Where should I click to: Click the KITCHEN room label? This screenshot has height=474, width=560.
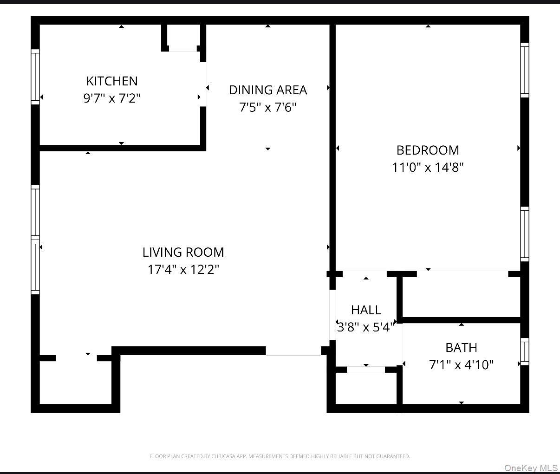click(x=112, y=81)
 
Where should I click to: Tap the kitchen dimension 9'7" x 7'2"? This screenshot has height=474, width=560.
click(x=112, y=98)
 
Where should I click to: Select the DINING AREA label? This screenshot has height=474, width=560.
click(x=268, y=90)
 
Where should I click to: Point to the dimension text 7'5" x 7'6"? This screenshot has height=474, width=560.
click(x=268, y=108)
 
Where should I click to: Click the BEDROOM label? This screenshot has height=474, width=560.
click(x=428, y=150)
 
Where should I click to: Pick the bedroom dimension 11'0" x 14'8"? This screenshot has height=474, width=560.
click(x=428, y=167)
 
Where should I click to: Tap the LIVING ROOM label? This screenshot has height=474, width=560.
click(x=183, y=252)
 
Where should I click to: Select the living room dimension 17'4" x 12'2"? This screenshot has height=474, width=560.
click(x=183, y=269)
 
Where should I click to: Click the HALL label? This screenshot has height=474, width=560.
click(x=366, y=310)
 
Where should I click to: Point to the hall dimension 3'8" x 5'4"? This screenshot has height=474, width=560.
click(x=366, y=327)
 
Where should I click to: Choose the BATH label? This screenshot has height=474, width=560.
click(x=461, y=347)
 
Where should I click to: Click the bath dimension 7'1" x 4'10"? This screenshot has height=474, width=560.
click(x=461, y=365)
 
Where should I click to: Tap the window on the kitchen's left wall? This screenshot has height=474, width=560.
click(x=35, y=77)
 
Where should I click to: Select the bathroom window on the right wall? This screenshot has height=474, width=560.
click(x=524, y=351)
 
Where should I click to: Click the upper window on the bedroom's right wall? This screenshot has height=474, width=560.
click(x=524, y=70)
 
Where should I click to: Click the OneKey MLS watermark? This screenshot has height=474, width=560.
click(x=531, y=468)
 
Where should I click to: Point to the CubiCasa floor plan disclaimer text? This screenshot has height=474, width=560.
click(x=280, y=456)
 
